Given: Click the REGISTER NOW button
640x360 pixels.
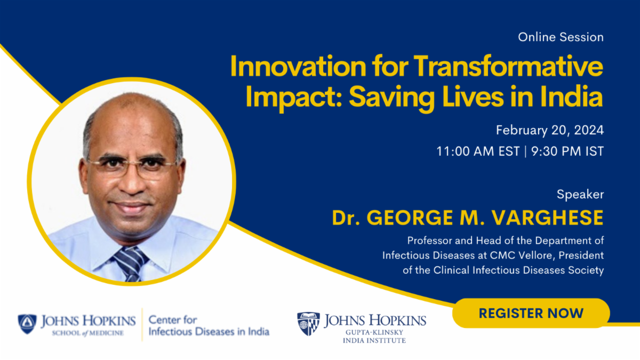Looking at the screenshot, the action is [x=531, y=313].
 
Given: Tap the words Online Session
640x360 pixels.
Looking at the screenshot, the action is [x=561, y=37].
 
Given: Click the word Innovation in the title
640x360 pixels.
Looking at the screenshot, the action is [x=298, y=66].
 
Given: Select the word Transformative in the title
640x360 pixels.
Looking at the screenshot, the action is [x=508, y=66].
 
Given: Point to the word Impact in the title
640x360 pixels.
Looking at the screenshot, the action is [x=294, y=97].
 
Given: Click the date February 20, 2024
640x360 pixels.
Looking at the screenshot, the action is [x=550, y=130].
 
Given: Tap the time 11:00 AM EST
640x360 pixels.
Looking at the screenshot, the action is [x=478, y=151].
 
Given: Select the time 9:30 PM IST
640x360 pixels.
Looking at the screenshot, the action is [x=567, y=151].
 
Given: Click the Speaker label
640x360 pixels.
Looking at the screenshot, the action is [x=580, y=195].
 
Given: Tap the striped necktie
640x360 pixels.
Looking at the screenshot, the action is [x=131, y=263].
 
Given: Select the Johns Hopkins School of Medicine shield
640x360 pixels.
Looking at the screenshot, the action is [x=27, y=324].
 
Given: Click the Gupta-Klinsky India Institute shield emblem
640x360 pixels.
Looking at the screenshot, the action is [x=309, y=324].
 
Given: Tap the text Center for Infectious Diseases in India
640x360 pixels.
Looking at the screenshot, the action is [x=209, y=325].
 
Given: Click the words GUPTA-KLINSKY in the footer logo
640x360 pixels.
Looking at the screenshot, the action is [x=374, y=332].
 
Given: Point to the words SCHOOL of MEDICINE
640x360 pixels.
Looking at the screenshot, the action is [x=87, y=333].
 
